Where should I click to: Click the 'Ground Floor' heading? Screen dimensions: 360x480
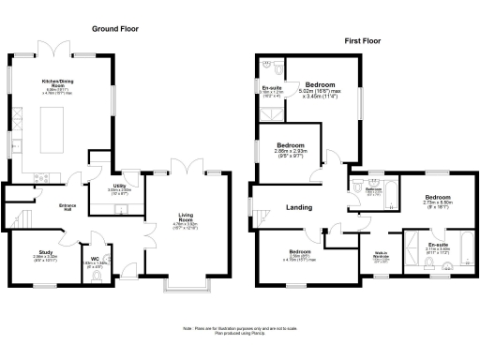click(x=116, y=29)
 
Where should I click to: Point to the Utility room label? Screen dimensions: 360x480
click(x=120, y=189)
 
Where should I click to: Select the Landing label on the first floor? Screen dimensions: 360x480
click(x=298, y=207)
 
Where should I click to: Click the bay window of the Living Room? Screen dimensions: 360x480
click(x=186, y=280)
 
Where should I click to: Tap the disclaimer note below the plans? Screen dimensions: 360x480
click(x=237, y=329)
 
